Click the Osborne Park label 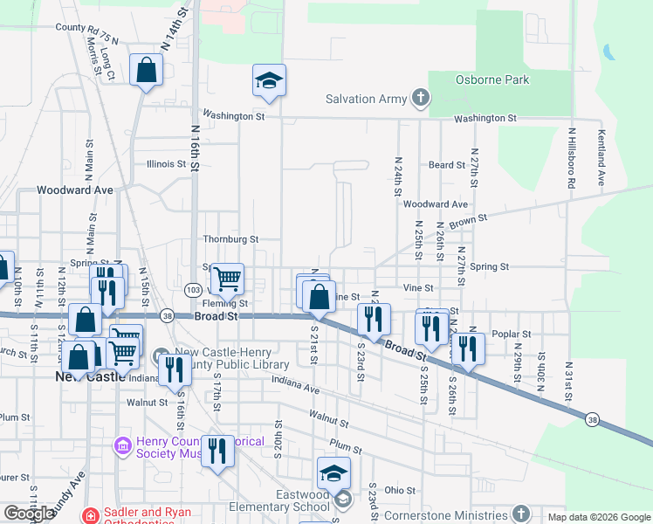(x=492, y=80)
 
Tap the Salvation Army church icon (x=422, y=99)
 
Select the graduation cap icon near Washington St (x=270, y=82)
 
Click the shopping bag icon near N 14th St (x=146, y=71)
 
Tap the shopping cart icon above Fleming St (x=227, y=279)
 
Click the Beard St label (x=446, y=165)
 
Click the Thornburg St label (x=230, y=238)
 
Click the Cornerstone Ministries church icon (x=521, y=513)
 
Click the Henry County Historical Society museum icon (x=122, y=447)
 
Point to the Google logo (x=29, y=514)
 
